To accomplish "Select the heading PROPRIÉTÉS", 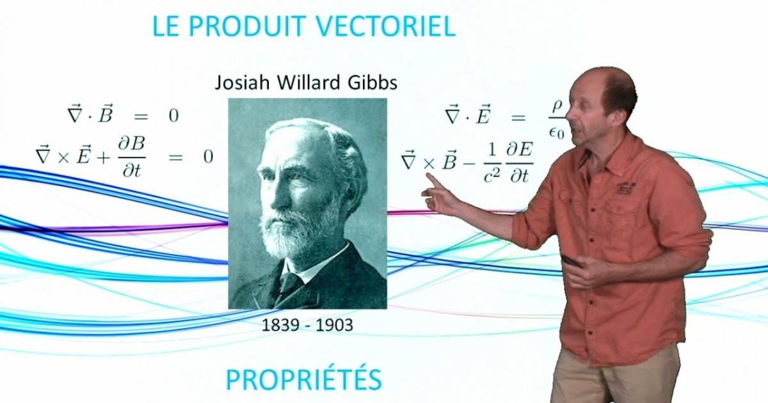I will point(303,379).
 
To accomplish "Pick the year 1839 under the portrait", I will point(280,325).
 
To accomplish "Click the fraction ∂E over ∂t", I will point(520,162).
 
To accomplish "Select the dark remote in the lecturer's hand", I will point(572,261).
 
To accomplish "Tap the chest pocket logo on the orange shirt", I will point(625,188).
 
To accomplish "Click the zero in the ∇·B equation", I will point(173,116).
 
